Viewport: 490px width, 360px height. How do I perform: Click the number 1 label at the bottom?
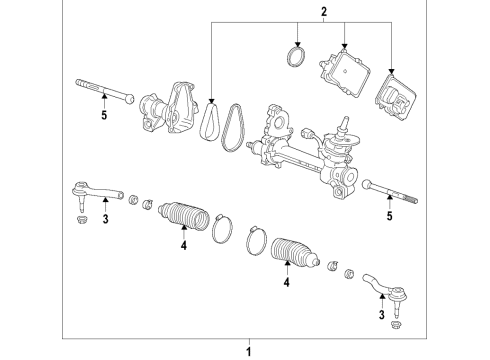tap(250, 352)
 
